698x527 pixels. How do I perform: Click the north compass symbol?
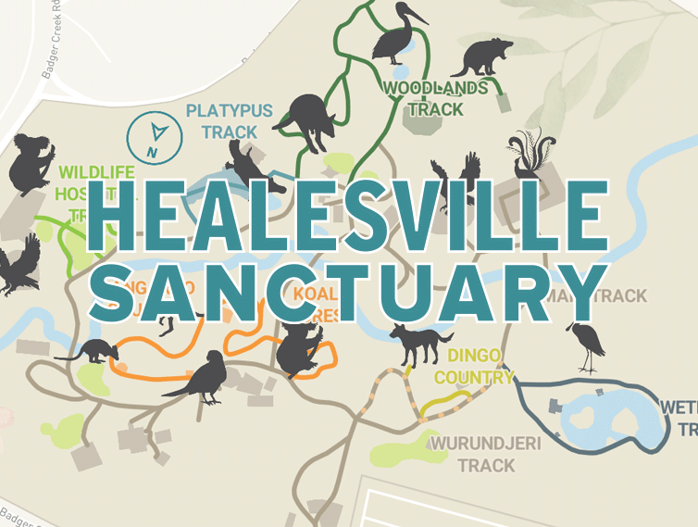coord(154,135)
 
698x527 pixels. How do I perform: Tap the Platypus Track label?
coord(230,121)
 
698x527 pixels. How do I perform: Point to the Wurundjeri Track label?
coord(472,454)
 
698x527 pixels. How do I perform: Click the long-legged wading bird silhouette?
coord(587,346)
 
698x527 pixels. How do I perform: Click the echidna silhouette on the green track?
coord(306,119)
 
